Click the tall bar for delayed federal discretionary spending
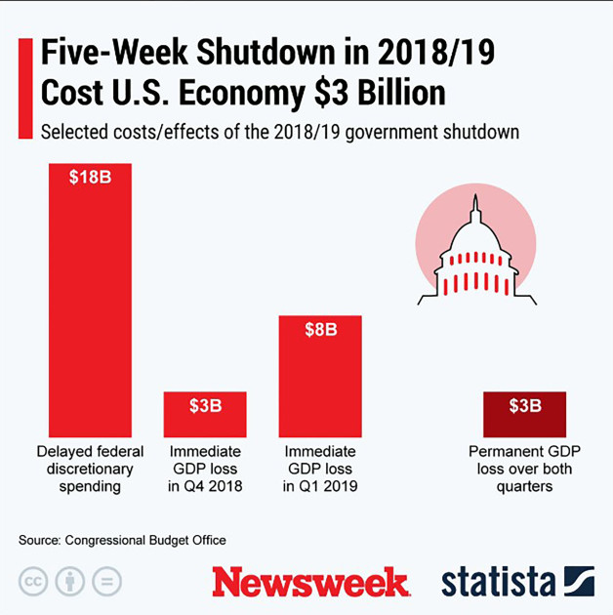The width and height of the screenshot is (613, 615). coord(90,303)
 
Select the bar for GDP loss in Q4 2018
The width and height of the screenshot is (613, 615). coord(205,415)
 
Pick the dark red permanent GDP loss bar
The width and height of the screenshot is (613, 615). coord(524,415)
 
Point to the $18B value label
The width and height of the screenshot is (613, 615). coord(90,178)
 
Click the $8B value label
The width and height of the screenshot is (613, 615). coord(320,330)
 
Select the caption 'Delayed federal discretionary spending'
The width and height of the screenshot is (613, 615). coord(90,469)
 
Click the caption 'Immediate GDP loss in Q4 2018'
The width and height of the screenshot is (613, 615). coord(205,469)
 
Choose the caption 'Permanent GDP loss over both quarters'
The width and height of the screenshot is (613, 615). coord(524,469)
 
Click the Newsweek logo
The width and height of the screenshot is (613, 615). coord(310,582)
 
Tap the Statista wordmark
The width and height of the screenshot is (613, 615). coord(498,582)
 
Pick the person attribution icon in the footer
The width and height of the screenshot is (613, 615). coord(69,582)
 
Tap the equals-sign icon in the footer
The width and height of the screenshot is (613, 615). coord(106,582)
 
